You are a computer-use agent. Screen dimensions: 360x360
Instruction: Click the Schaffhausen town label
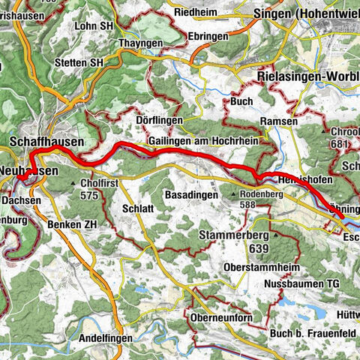coord(47,141)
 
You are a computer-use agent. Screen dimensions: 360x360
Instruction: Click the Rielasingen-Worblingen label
coord(307,77)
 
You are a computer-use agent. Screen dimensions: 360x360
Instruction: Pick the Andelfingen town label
coord(105,339)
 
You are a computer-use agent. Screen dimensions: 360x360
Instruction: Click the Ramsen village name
coord(279,120)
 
